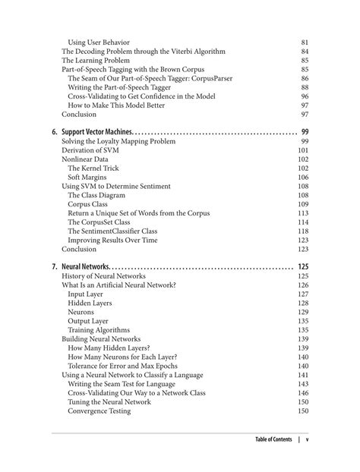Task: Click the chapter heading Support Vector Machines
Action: (96, 131)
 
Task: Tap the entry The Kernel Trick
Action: (96, 168)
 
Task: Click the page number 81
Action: (304, 41)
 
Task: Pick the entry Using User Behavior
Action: (99, 41)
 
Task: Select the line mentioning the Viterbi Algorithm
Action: (143, 51)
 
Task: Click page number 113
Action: (302, 213)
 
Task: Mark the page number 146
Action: (302, 393)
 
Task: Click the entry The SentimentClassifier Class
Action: (123, 231)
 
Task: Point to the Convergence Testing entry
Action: (99, 411)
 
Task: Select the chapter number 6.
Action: (55, 131)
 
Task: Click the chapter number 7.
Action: (55, 266)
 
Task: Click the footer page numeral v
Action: (307, 439)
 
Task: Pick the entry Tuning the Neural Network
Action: (109, 402)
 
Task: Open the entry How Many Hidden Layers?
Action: (109, 348)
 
